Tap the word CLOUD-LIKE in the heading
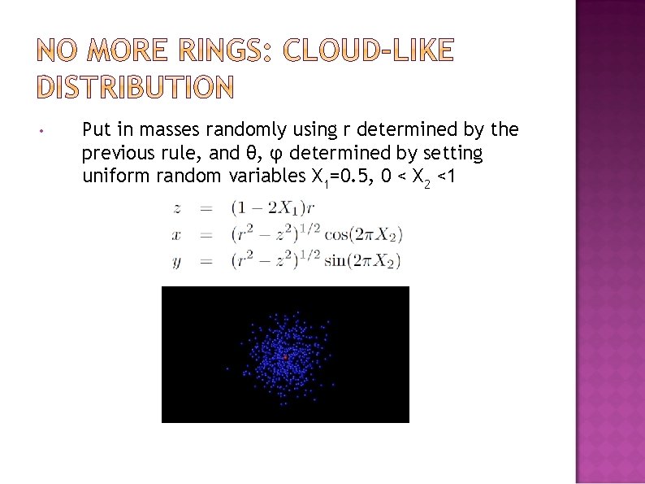(368, 51)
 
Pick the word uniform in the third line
(110, 176)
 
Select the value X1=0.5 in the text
(340, 177)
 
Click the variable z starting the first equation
(176, 209)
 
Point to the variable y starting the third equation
(176, 262)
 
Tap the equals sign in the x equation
(206, 235)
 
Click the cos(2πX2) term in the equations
(363, 235)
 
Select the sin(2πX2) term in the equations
(362, 261)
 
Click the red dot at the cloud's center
(285, 357)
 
